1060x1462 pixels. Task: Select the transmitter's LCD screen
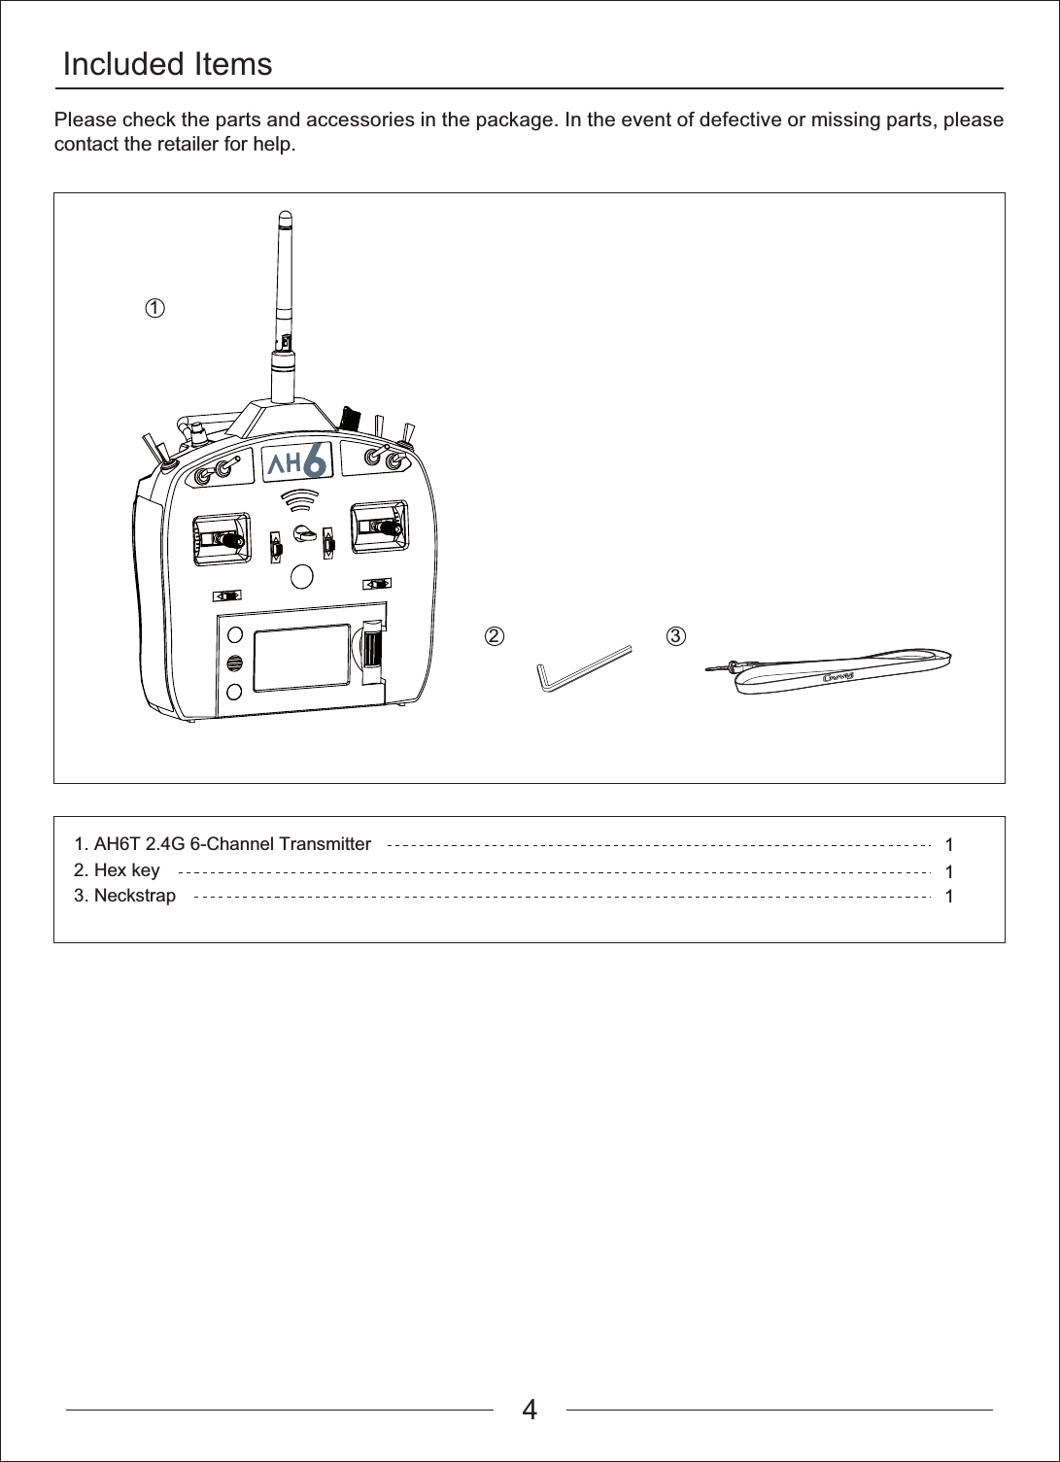[x=301, y=658]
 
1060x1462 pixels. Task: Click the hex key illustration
[x=581, y=668]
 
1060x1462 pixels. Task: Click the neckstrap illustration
[x=840, y=669]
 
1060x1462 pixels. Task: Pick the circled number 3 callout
[x=675, y=636]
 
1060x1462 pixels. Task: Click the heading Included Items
[x=167, y=65]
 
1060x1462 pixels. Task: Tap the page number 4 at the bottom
[x=530, y=1409]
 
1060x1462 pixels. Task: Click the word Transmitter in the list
[x=323, y=843]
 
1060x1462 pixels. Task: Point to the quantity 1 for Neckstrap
[x=949, y=896]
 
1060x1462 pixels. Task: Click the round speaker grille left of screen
[x=235, y=663]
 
